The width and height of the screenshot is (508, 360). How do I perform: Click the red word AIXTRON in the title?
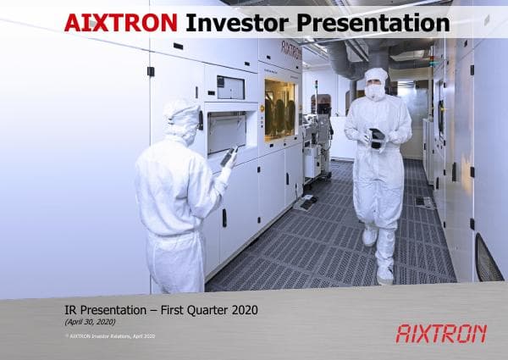121,22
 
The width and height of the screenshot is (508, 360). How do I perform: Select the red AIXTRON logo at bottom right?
441,333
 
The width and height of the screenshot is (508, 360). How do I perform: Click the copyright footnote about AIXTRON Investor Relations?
109,337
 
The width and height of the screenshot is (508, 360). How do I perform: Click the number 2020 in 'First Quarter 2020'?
242,310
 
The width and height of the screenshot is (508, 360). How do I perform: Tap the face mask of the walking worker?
374,91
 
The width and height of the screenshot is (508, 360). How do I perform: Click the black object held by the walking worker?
377,138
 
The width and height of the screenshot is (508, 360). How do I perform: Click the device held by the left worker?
228,157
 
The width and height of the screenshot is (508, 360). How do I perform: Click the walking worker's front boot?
385,274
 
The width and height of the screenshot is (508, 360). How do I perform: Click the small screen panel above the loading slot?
230,87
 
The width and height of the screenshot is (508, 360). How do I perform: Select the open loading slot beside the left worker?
228,131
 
